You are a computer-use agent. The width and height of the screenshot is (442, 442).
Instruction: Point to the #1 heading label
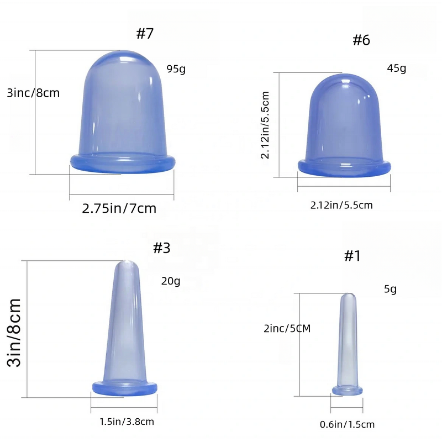352,256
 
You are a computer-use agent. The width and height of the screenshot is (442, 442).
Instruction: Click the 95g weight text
176,69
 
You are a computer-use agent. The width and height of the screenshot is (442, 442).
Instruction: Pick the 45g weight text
397,69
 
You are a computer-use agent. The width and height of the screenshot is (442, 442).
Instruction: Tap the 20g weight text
171,281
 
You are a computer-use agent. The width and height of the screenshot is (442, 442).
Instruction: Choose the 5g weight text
390,289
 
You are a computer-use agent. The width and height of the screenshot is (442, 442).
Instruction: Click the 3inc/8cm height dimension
33,93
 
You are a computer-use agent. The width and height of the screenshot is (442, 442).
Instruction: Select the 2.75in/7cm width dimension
119,209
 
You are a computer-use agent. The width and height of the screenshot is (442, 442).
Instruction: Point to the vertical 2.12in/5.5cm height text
266,125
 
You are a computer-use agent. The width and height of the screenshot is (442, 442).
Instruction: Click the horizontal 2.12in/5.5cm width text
341,205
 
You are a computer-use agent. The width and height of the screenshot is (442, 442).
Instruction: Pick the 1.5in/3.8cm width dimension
127,422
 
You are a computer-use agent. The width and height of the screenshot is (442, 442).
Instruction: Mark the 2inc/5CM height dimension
287,328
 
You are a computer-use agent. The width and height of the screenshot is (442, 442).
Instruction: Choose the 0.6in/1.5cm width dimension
347,424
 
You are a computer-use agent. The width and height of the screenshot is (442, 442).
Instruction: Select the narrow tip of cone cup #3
126,268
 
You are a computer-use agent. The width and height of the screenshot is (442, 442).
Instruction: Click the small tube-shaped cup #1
348,343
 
